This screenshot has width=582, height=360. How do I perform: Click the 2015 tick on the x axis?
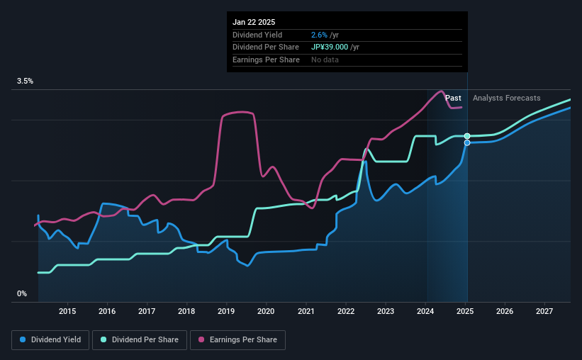(x=67, y=311)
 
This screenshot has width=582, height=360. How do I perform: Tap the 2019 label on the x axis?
(x=226, y=311)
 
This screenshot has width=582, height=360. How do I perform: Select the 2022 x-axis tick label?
(x=345, y=311)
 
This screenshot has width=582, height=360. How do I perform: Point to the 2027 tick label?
(x=544, y=311)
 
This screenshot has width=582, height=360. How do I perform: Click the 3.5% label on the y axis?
(x=25, y=81)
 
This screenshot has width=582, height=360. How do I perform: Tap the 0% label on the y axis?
(x=21, y=293)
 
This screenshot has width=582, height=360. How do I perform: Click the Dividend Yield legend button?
(x=50, y=340)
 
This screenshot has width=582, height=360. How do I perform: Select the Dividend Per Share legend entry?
(x=142, y=340)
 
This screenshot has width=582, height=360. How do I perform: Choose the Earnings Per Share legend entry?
(x=237, y=340)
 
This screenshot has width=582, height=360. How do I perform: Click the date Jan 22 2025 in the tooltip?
(x=255, y=21)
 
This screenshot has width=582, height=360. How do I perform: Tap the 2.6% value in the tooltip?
(x=319, y=35)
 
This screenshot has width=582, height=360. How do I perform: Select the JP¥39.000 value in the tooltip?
(x=335, y=47)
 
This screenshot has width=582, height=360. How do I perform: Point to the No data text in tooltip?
(x=325, y=60)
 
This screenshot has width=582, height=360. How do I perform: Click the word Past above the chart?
(x=453, y=98)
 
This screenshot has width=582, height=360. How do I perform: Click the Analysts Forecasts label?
(x=506, y=98)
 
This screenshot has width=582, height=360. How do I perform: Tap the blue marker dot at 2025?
(x=466, y=142)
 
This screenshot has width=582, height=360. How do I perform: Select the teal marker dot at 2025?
(x=466, y=135)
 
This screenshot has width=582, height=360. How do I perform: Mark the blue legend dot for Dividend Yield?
(x=23, y=340)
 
